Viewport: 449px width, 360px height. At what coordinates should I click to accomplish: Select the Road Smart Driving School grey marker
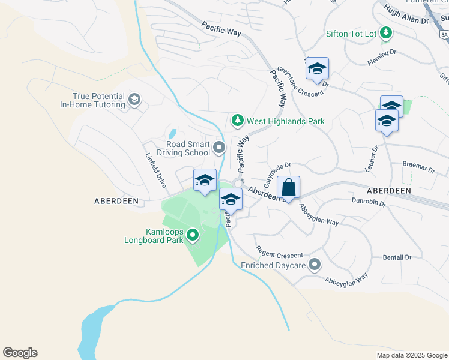point(220,148)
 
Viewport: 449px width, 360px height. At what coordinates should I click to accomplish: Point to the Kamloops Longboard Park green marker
point(193,236)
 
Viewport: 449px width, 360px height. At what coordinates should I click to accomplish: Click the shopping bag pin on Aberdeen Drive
point(288,187)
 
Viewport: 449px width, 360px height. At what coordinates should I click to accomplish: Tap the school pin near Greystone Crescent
point(316,69)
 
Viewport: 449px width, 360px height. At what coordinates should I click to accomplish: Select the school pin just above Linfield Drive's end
point(205,181)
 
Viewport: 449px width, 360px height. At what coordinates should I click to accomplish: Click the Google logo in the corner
point(20,353)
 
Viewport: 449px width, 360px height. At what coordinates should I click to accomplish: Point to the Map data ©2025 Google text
point(411,355)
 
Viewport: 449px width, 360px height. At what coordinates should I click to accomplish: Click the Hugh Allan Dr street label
point(406,20)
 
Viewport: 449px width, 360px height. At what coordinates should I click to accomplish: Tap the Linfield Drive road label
point(155,170)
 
